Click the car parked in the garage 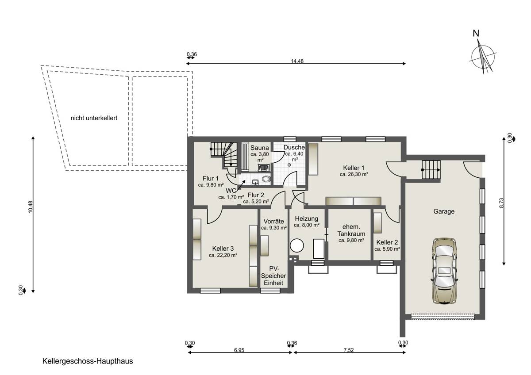click(444, 271)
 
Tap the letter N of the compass click(476, 34)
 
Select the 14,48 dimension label click(297, 61)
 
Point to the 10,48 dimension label click(31, 207)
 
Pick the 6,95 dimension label click(239, 350)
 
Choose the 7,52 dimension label click(349, 350)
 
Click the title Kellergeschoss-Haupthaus click(88, 361)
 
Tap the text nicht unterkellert click(94, 118)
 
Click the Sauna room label click(260, 148)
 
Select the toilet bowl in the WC click(266, 179)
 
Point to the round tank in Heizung click(297, 246)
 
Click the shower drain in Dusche click(289, 165)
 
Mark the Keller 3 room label click(223, 249)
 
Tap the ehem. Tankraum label click(351, 230)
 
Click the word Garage click(444, 211)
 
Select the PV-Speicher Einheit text click(273, 276)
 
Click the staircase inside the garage click(431, 170)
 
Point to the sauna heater click(263, 168)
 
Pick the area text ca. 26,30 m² click(354, 175)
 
